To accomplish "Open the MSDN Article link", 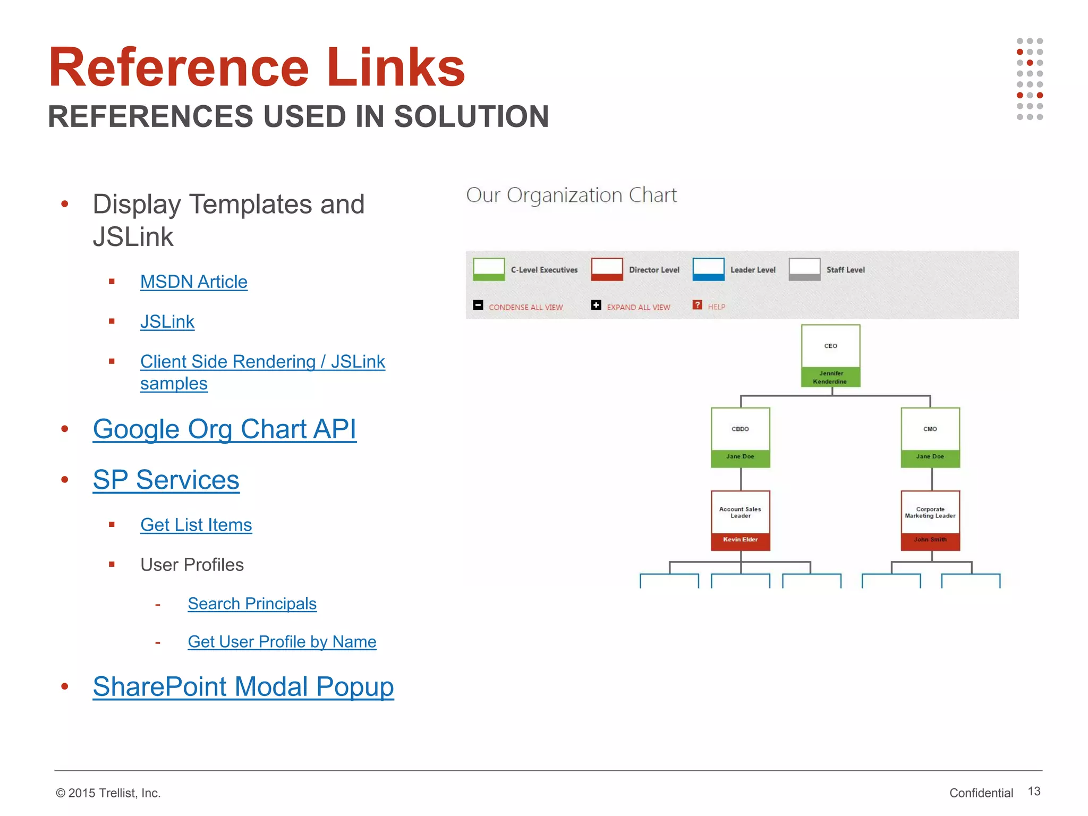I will (x=194, y=282).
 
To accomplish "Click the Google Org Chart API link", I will (x=224, y=429).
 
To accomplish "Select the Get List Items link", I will (x=196, y=525).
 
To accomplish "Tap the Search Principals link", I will (x=252, y=604).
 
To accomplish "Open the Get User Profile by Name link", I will (x=282, y=642).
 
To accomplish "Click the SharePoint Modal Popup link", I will (x=243, y=686).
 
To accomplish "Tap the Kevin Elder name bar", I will (x=740, y=540).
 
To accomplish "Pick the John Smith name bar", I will (x=930, y=540).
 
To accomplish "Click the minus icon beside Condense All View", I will (x=478, y=305).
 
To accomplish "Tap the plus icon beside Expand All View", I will (x=596, y=305).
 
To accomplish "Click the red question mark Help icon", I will (x=697, y=305).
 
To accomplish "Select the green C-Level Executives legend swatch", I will (x=489, y=269).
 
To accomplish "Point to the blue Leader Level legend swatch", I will (x=708, y=269).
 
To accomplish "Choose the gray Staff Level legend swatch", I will (x=804, y=269).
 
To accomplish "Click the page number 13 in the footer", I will (x=1034, y=792).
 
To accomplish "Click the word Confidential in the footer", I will (x=981, y=793).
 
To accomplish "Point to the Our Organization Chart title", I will (x=571, y=195).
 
